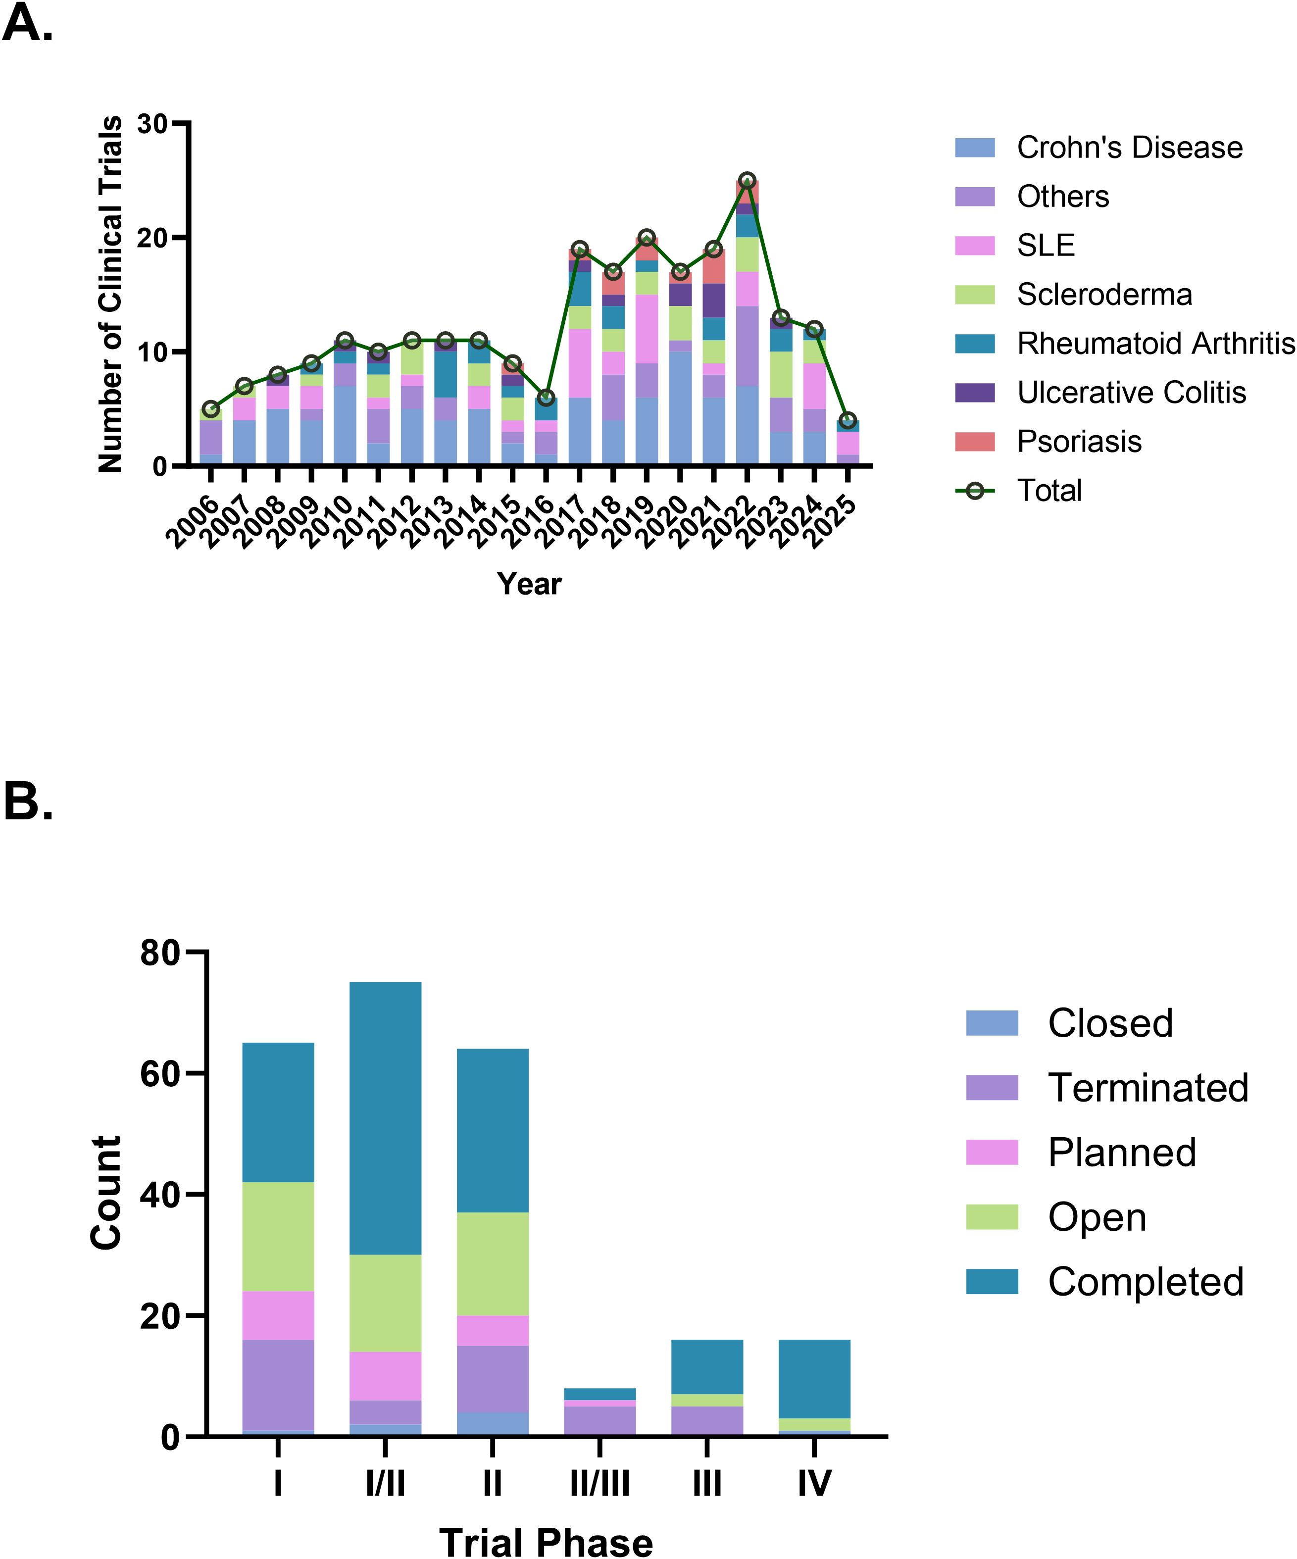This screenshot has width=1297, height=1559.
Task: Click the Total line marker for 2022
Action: click(x=747, y=180)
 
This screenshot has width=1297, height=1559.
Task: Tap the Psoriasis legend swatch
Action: click(x=974, y=442)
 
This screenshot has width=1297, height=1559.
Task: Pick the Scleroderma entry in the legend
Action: click(x=1104, y=295)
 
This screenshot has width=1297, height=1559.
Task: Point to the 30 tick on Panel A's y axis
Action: click(x=153, y=124)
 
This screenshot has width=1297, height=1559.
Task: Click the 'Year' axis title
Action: click(x=529, y=584)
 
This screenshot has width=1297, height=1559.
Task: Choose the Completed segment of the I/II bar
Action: click(x=385, y=1118)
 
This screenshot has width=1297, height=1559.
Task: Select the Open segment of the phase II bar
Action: click(x=492, y=1263)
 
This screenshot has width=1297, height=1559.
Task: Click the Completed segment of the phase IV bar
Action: click(x=814, y=1379)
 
